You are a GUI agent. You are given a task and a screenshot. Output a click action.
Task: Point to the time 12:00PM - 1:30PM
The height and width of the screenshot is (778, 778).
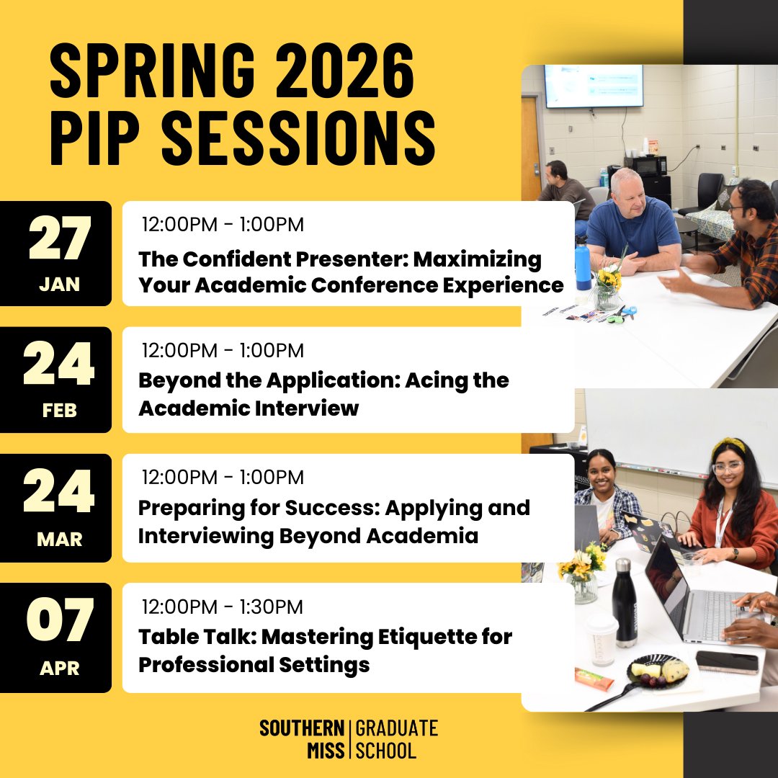pyautogui.click(x=223, y=607)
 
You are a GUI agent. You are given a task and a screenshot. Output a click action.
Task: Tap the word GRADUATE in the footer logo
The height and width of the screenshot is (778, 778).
pyautogui.click(x=397, y=728)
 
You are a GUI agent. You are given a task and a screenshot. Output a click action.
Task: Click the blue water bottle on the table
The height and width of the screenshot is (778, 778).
pyautogui.click(x=582, y=263)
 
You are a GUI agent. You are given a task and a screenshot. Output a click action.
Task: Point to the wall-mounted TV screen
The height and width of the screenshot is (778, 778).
pyautogui.click(x=593, y=86)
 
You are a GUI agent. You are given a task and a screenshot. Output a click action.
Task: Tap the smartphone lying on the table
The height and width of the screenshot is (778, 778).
pyautogui.click(x=727, y=661)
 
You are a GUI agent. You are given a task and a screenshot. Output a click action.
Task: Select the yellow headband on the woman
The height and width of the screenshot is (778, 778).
pyautogui.click(x=729, y=447)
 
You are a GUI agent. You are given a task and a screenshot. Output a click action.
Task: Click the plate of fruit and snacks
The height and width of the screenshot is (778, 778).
pyautogui.click(x=656, y=671)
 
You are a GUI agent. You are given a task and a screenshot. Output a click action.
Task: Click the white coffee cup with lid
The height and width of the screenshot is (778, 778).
pyautogui.click(x=601, y=639)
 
